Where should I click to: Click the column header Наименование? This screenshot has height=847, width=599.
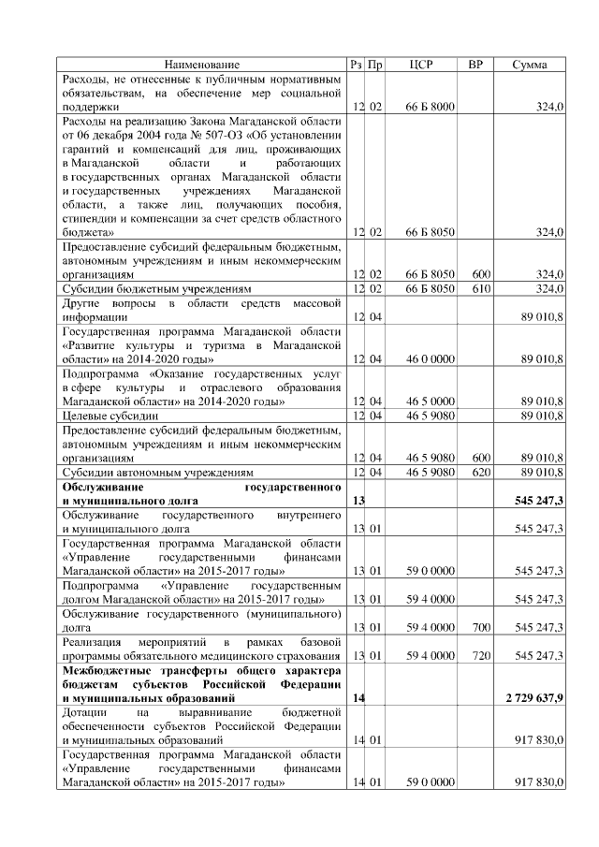[x=202, y=65]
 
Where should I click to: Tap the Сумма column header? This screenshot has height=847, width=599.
[x=530, y=65]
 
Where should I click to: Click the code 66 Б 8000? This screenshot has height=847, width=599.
[x=430, y=108]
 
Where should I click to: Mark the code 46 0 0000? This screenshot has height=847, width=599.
[x=430, y=359]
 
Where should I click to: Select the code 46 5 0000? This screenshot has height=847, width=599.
[x=430, y=402]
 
